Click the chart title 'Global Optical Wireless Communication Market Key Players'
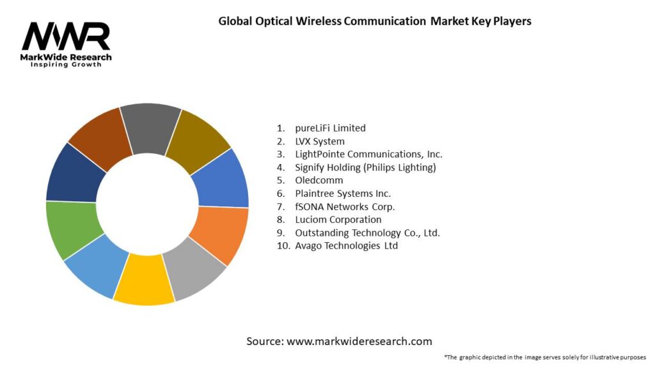coord(375,21)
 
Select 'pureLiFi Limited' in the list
coord(330,128)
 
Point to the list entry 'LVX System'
coord(320,141)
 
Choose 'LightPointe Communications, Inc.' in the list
coord(368,154)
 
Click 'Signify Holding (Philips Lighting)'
coord(365,167)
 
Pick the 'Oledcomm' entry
coord(319,180)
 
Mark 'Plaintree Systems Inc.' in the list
coord(343,193)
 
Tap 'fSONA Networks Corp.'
coord(345,206)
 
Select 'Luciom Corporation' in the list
coord(338,219)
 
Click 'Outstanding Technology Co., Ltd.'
coord(367,233)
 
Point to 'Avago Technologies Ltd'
coord(346,245)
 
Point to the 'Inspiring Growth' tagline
coord(66,65)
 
